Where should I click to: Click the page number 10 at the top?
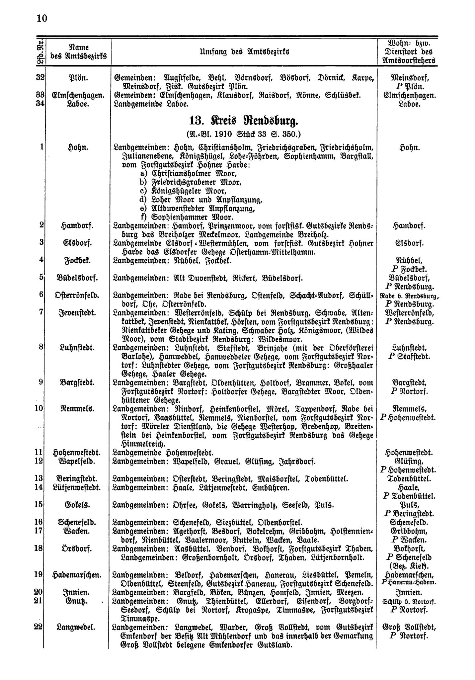(42, 18)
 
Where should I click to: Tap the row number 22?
(39, 627)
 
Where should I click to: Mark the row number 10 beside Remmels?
(39, 408)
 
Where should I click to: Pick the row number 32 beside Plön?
(40, 78)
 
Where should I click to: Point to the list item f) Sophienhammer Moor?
(187, 217)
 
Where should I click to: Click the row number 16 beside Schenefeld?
(39, 522)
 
